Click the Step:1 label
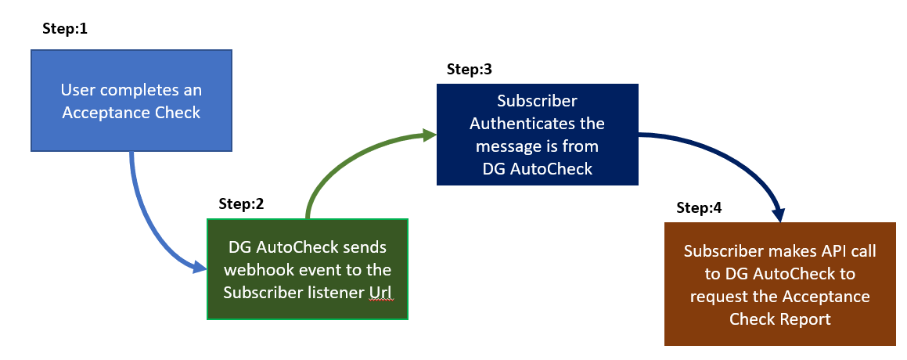[65, 28]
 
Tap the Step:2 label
[241, 203]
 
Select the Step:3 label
[469, 69]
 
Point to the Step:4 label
[699, 207]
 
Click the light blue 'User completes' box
[131, 101]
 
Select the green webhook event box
[308, 269]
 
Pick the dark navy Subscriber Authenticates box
[538, 135]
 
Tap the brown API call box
[779, 284]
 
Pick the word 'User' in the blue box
[74, 90]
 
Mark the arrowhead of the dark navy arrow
[780, 215]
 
